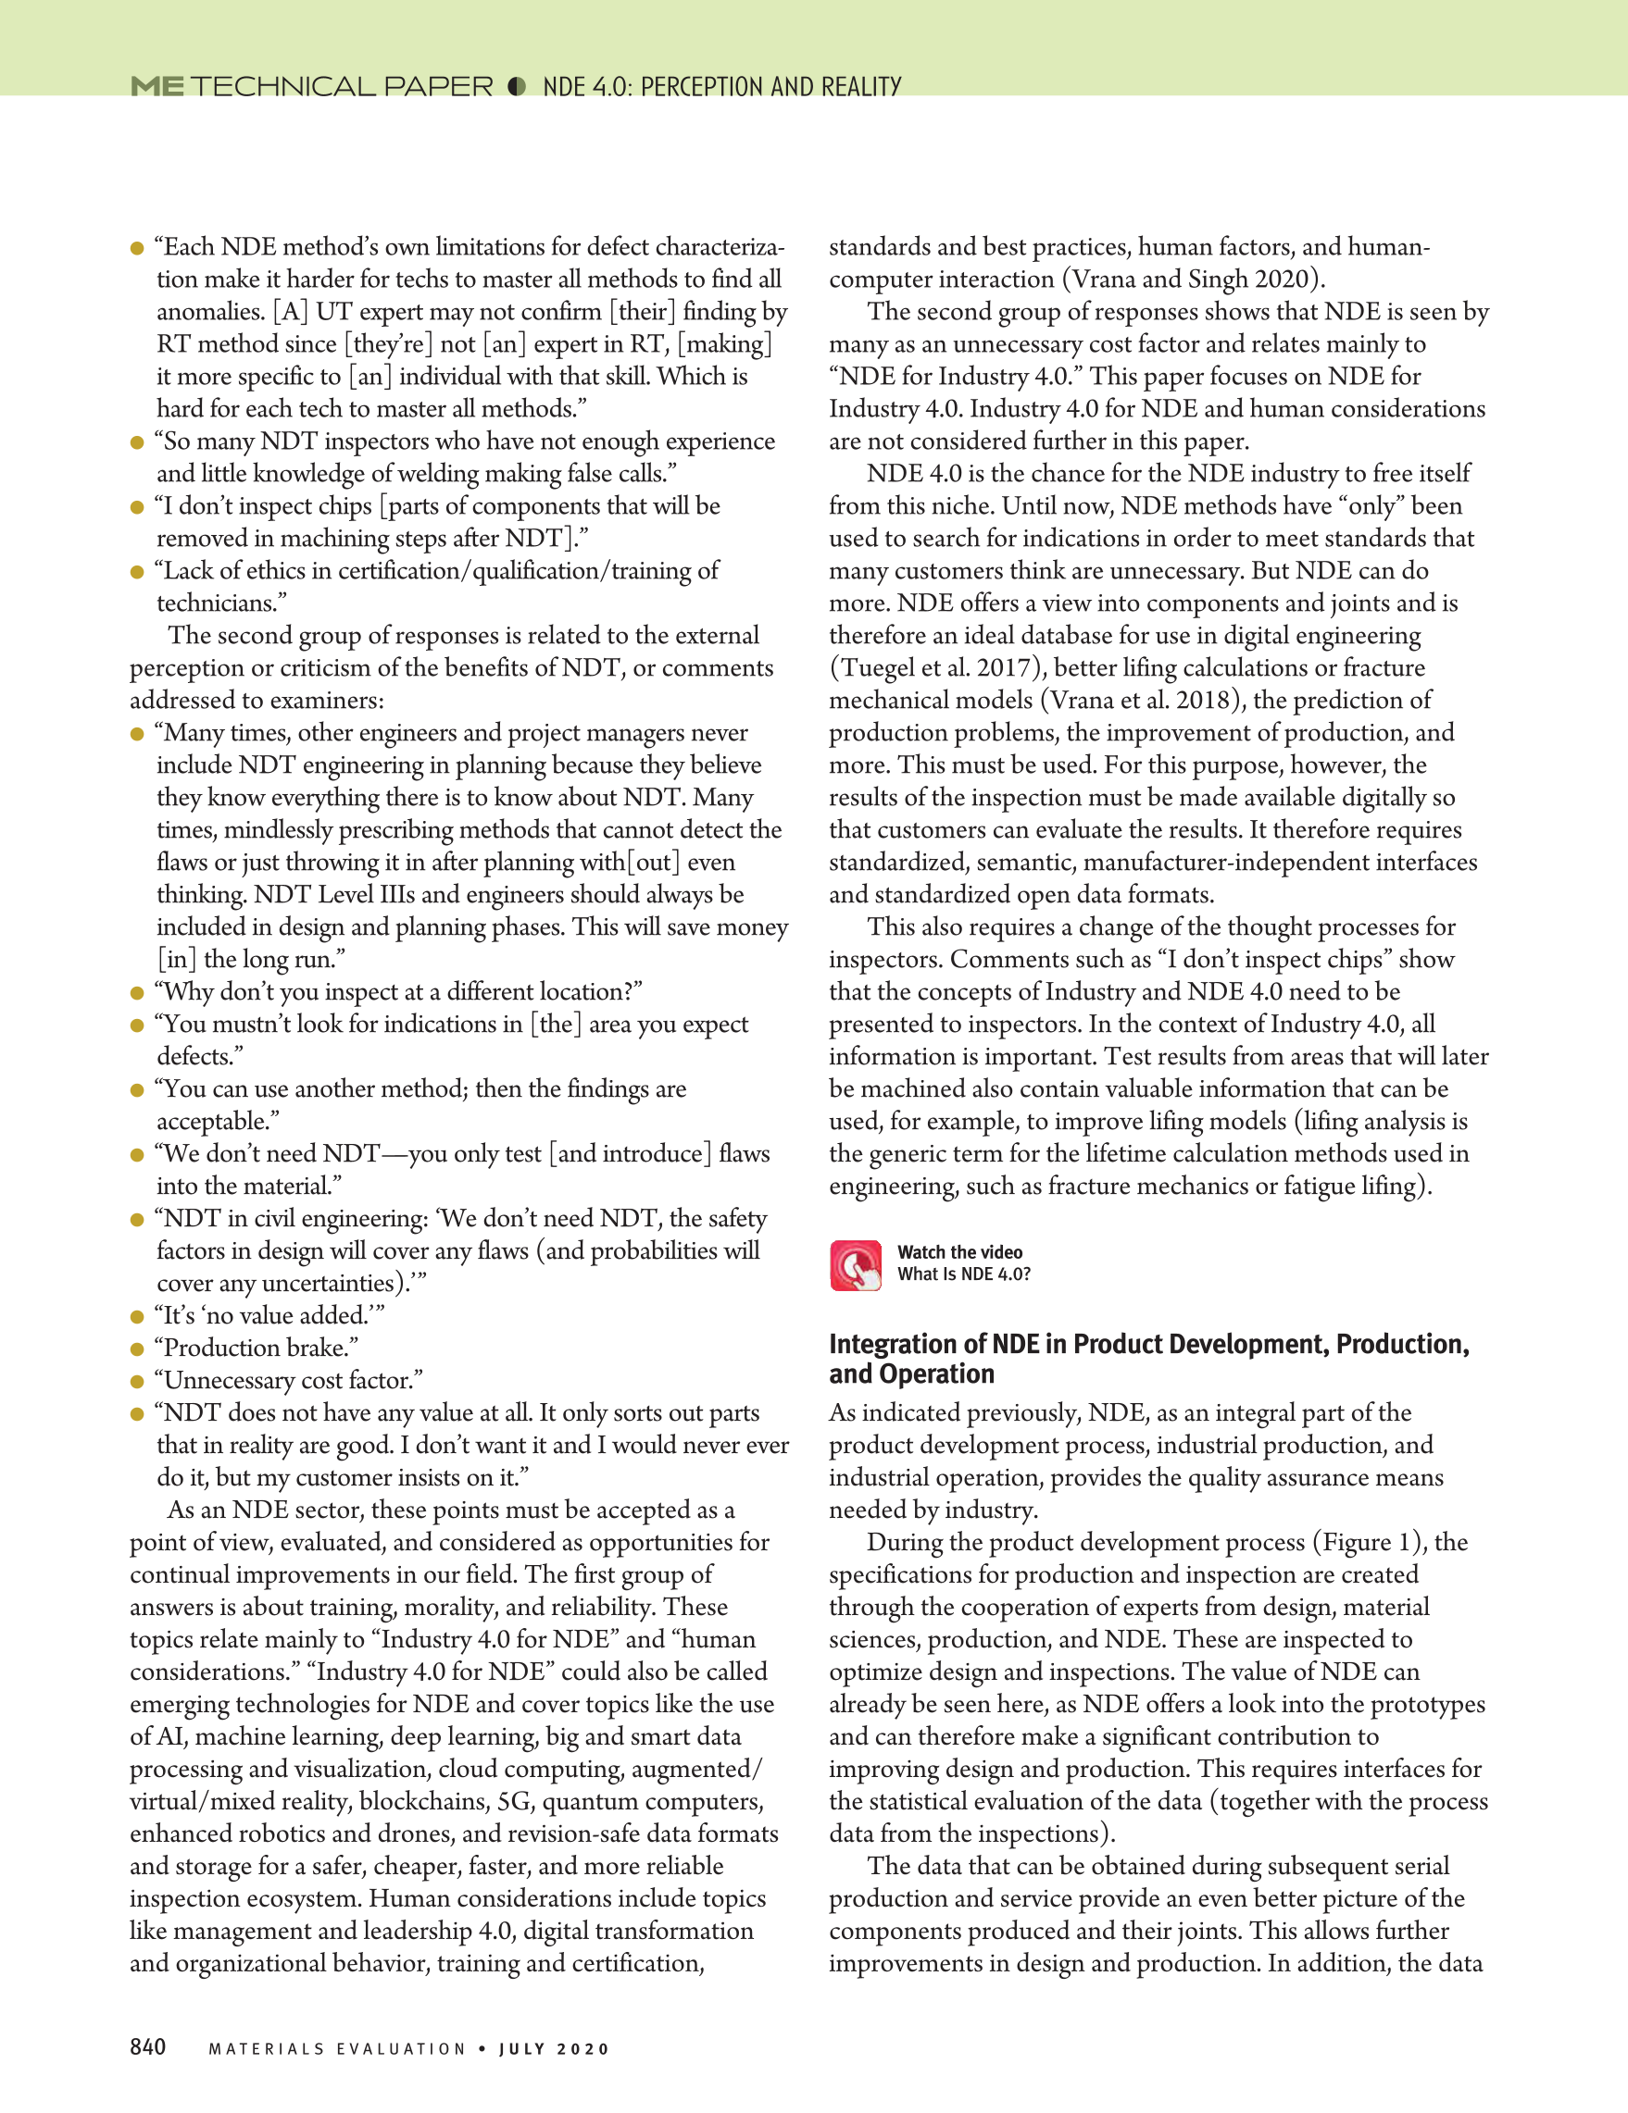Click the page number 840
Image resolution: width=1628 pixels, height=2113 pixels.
(148, 2046)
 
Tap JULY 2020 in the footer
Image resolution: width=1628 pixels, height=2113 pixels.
(555, 2049)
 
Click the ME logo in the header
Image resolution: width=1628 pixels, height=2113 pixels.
(157, 86)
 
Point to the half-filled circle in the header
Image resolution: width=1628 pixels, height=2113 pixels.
(517, 86)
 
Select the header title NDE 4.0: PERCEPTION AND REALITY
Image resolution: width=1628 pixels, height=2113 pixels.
(722, 87)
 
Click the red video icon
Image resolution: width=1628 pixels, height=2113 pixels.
(856, 1265)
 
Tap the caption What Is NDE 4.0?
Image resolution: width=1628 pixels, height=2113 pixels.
(964, 1274)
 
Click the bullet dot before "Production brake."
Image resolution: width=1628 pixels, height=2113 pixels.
(137, 1349)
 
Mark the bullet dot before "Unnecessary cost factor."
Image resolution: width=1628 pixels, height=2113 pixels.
(137, 1382)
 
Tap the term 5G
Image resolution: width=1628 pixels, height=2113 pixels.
(515, 1801)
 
